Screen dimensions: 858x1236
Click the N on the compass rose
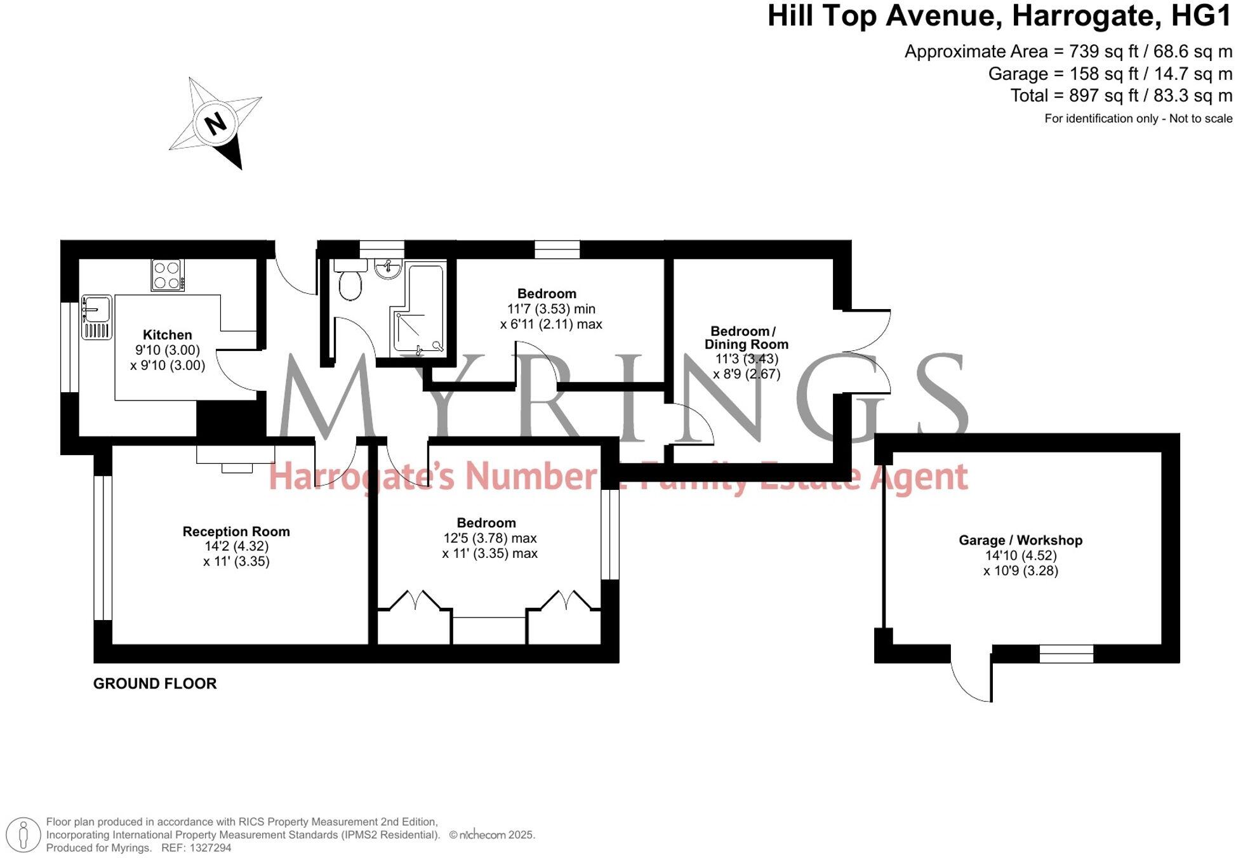click(216, 122)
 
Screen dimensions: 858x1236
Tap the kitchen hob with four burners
click(168, 275)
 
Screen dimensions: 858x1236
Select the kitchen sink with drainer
click(96, 317)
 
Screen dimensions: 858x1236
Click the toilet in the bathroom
click(350, 281)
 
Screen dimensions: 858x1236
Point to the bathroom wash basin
click(387, 269)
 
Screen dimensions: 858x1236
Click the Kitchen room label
click(167, 335)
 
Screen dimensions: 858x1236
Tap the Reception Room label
click(236, 532)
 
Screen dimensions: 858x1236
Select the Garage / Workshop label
click(1020, 541)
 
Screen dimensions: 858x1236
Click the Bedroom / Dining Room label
click(746, 338)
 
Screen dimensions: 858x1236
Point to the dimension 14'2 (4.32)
click(236, 546)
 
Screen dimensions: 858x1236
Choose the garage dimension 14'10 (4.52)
click(1020, 556)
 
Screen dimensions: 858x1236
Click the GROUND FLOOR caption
click(155, 683)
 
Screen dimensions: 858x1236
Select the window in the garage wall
click(1066, 654)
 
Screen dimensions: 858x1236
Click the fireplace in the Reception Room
click(236, 459)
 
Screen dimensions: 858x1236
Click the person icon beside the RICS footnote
click(24, 835)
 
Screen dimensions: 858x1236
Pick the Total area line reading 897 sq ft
click(1121, 96)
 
